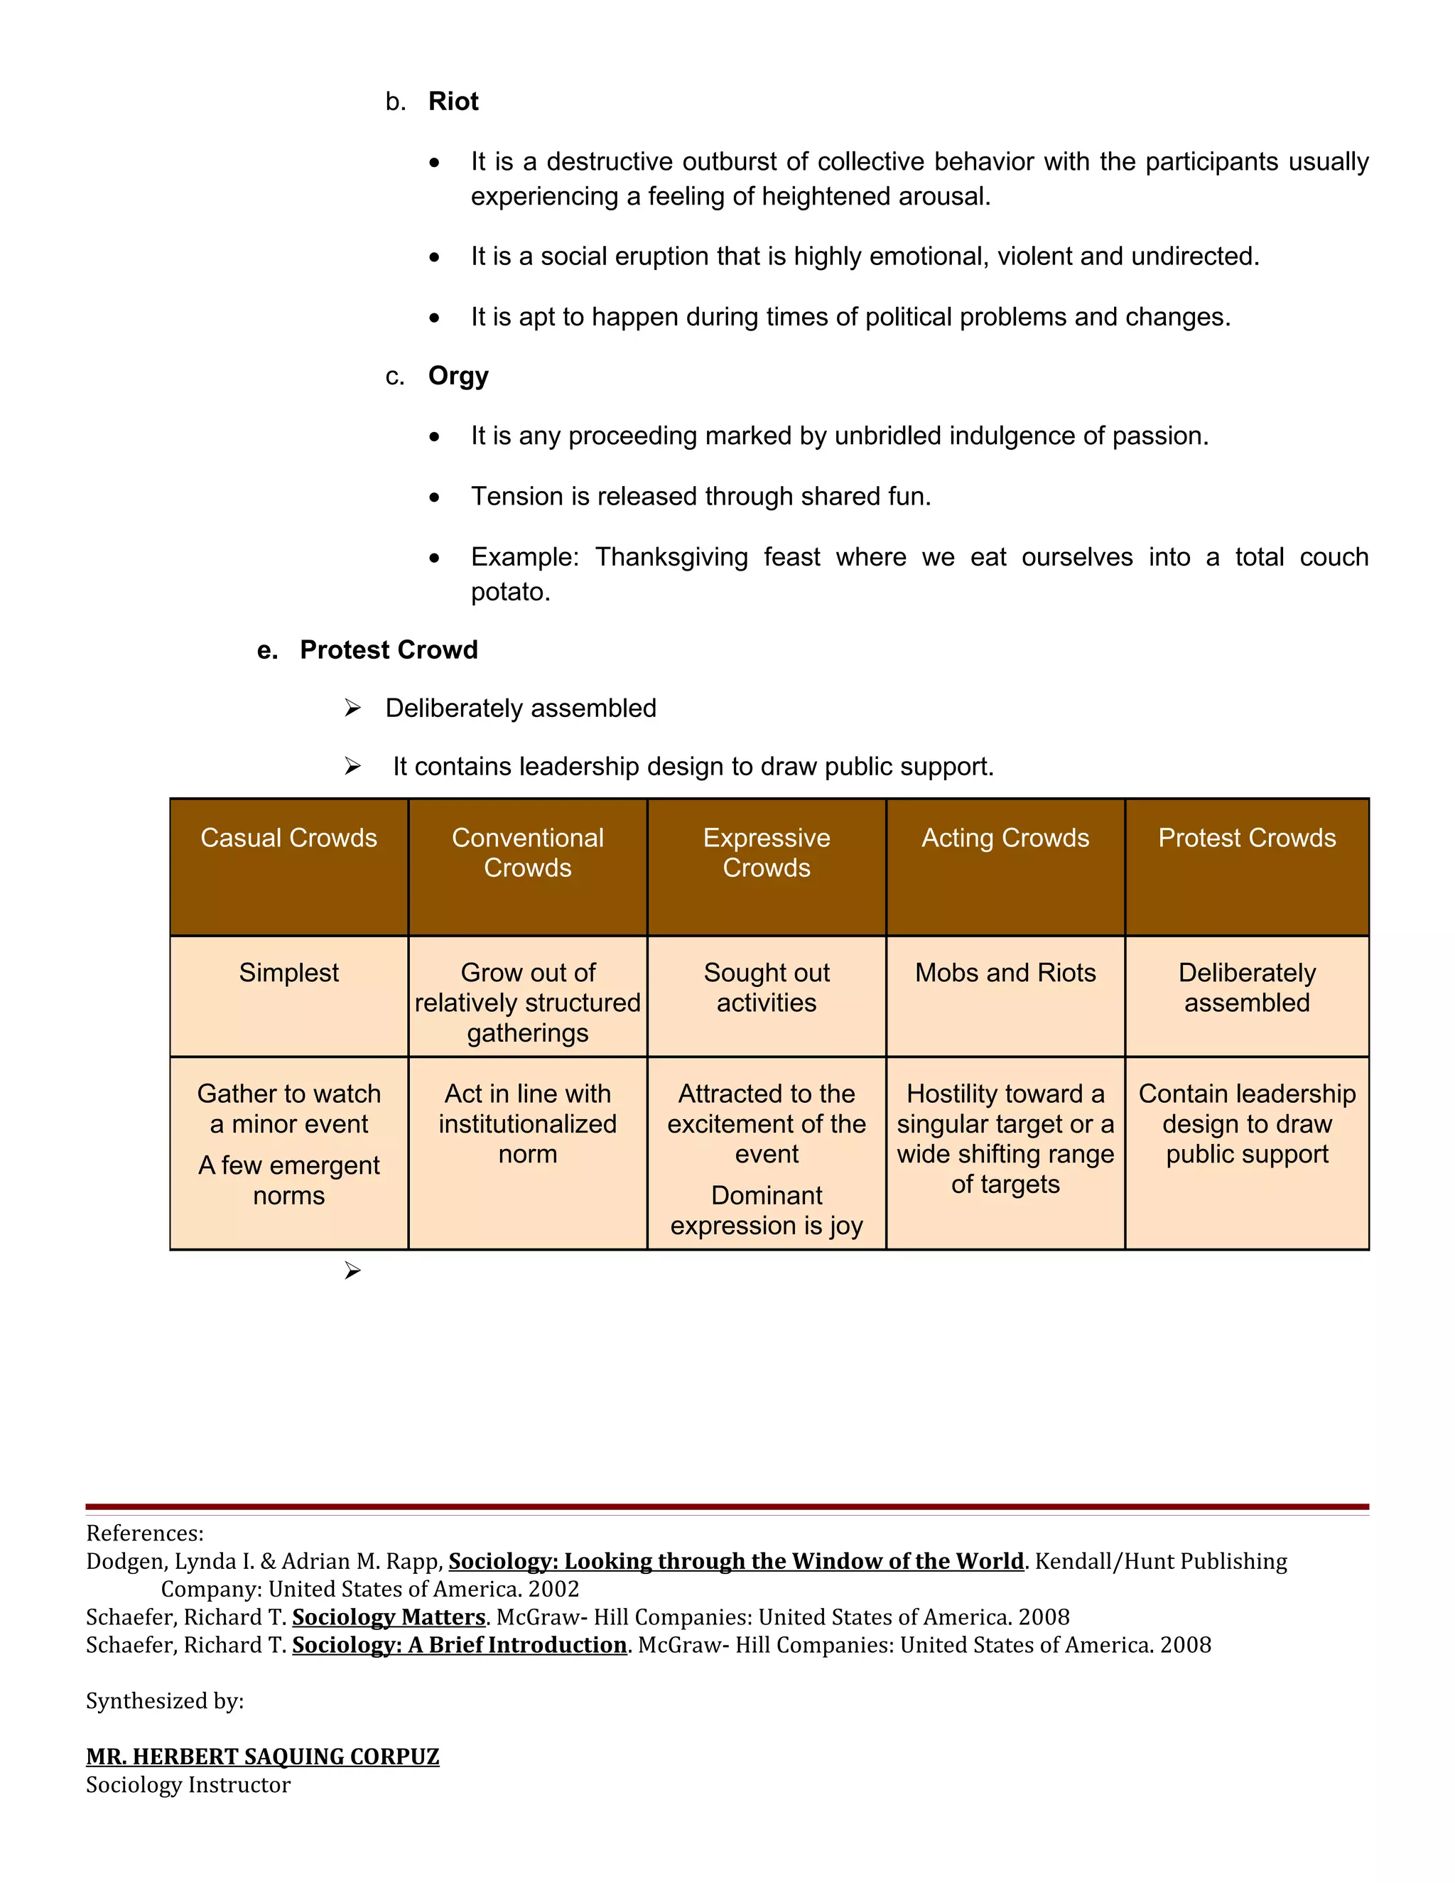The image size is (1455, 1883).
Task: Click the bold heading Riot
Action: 453,102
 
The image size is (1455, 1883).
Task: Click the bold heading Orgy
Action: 458,376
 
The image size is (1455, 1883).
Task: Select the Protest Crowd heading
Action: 388,649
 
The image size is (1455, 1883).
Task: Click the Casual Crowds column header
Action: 288,838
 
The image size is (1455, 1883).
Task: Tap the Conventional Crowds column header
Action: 528,852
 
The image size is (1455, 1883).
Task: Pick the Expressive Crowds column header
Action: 767,852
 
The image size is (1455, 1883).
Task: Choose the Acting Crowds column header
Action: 1005,838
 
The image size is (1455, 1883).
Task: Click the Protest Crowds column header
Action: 1246,838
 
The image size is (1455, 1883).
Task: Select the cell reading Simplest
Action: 288,973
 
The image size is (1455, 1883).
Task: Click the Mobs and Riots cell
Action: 1005,973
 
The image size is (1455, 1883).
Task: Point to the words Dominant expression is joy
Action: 767,1211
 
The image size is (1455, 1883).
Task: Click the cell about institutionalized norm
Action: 528,1123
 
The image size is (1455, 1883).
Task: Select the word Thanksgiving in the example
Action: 671,557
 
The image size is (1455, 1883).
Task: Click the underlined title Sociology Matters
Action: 389,1617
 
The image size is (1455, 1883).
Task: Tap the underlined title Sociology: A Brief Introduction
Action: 460,1644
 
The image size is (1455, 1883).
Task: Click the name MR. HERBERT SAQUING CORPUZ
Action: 263,1757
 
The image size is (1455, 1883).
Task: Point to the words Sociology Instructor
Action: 188,1785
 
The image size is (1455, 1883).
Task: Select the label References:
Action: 145,1533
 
